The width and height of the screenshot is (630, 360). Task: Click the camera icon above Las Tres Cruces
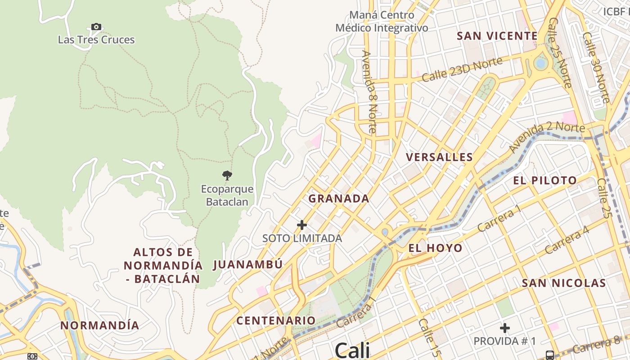point(96,27)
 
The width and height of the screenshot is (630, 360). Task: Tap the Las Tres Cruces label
point(96,40)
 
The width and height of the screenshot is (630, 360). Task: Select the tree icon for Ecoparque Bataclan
point(227,175)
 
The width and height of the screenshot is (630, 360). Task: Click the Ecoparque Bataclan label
point(227,195)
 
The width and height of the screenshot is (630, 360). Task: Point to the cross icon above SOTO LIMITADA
point(302,225)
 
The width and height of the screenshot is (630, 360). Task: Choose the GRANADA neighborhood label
point(339,198)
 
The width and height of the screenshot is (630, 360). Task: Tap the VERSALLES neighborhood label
point(439,157)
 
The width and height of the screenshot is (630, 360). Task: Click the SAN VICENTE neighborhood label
point(497,36)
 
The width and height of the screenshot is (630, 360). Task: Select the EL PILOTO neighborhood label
point(545,180)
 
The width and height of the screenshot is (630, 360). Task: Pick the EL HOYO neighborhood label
point(435,248)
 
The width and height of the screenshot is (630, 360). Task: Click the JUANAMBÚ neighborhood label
point(247,264)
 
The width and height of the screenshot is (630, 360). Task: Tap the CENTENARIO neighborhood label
point(276,320)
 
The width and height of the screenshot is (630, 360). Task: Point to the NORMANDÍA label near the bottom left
point(100,325)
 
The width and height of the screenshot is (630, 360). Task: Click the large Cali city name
point(352,350)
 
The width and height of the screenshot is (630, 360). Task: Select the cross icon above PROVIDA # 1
point(505,328)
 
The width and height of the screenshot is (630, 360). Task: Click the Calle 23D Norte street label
point(462,69)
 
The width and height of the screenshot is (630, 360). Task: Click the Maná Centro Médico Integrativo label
point(382,21)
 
